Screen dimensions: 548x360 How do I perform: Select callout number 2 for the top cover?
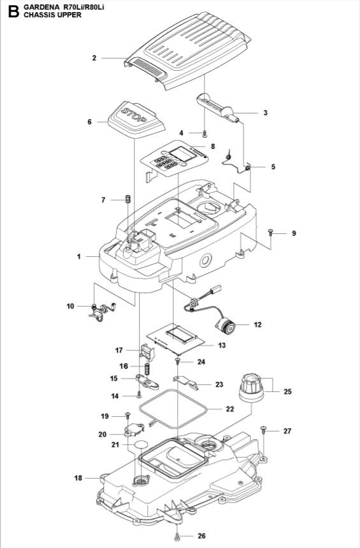click(x=94, y=58)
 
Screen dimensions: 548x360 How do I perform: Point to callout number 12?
click(x=257, y=324)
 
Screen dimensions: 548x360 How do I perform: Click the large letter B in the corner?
click(x=10, y=10)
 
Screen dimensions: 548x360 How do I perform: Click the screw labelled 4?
click(x=205, y=133)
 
